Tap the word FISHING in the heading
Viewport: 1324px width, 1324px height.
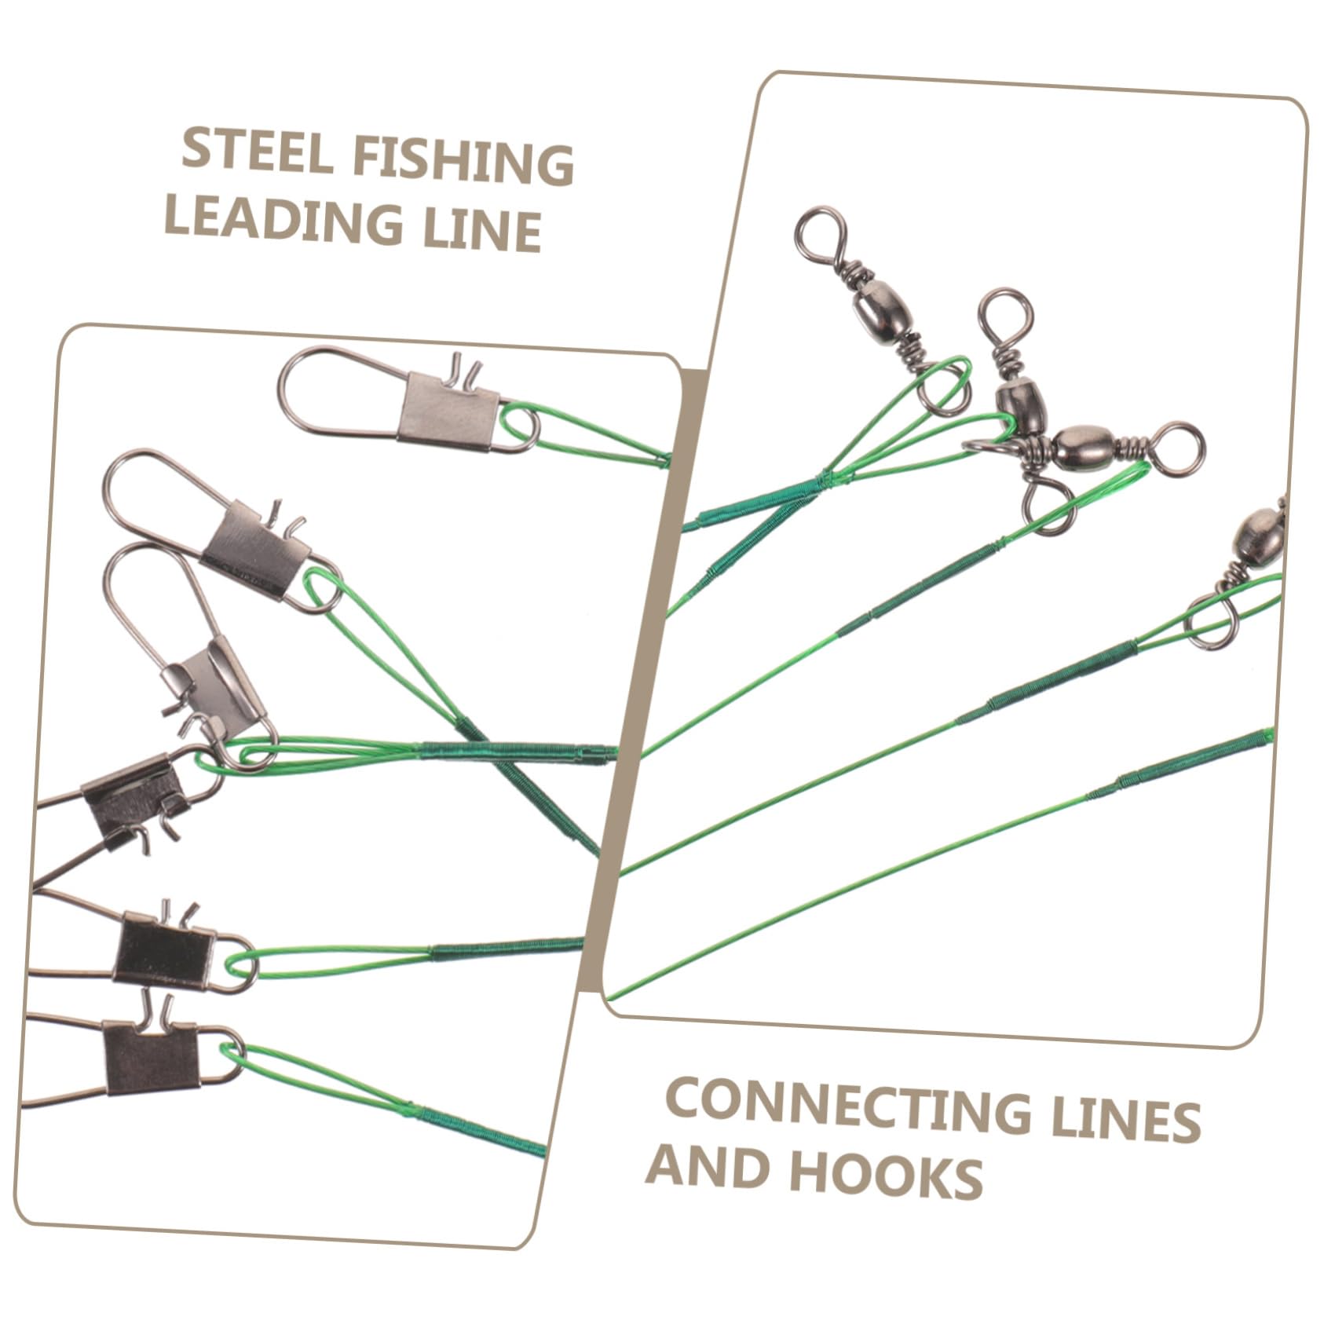463,163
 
